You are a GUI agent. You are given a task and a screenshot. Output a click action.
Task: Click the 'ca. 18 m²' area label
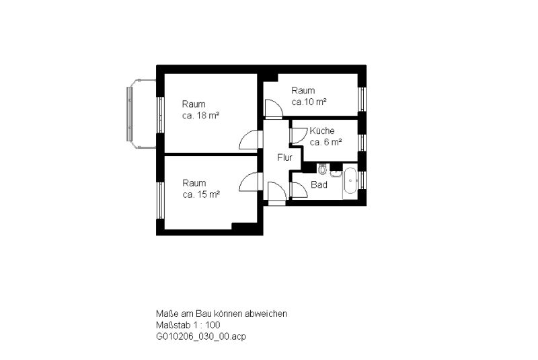click(200, 116)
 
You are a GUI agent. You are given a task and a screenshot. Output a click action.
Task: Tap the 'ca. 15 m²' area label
click(201, 194)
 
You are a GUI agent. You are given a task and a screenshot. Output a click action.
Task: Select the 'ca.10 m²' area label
click(309, 102)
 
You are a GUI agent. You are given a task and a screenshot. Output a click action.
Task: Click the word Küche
click(322, 131)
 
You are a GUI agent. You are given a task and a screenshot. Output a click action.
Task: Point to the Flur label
click(284, 157)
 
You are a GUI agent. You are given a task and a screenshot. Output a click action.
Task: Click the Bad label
click(319, 184)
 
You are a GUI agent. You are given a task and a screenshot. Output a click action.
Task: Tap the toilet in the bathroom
click(323, 169)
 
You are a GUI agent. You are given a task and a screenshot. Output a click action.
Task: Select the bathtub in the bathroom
click(350, 181)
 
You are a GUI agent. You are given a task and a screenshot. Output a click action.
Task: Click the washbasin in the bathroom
click(336, 173)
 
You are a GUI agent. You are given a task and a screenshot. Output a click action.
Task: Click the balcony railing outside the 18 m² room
click(129, 114)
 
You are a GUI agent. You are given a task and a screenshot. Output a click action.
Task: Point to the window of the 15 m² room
click(160, 201)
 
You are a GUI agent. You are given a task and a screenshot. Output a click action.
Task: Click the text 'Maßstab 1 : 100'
click(188, 324)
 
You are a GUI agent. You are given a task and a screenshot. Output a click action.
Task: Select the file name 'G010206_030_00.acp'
click(201, 336)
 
